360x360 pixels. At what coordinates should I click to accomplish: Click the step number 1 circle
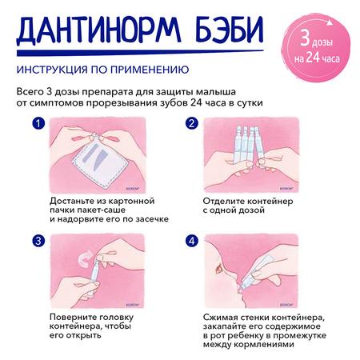tap(36, 124)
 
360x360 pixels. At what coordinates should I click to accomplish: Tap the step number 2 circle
tap(192, 124)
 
